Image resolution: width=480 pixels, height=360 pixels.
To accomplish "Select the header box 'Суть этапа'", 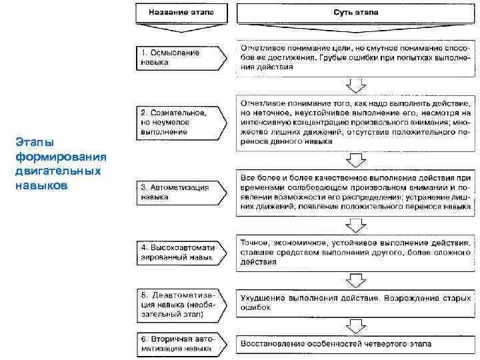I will pos(355,12).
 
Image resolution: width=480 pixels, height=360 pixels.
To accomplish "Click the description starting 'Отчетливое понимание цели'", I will pos(356,57).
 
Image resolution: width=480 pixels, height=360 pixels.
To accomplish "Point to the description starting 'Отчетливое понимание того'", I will pos(356,123).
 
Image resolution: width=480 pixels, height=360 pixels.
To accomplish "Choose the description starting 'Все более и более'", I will pos(356,192).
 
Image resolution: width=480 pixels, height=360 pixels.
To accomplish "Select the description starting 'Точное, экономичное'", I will pos(356,253).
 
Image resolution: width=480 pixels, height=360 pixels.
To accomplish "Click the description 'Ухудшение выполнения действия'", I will pos(356,303).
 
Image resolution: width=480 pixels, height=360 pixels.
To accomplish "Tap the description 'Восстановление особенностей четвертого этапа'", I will pos(356,344).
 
